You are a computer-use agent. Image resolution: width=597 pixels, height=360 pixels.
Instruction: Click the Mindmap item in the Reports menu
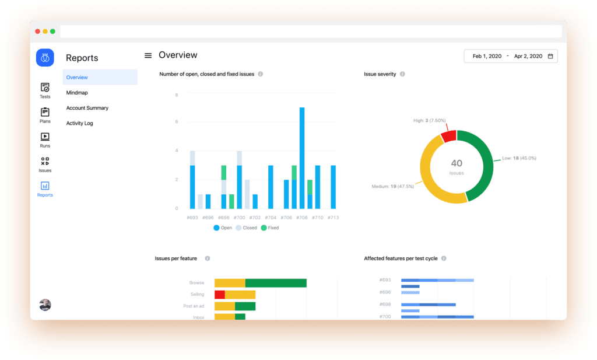pos(77,93)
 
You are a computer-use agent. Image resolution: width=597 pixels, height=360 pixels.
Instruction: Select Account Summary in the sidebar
pos(87,108)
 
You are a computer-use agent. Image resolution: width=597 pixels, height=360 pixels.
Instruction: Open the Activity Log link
pos(79,123)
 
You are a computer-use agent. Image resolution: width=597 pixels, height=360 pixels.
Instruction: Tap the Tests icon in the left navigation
pos(45,88)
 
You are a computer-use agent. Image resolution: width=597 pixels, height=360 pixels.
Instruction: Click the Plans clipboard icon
pos(45,112)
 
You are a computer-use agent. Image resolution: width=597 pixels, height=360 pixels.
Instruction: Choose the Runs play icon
pos(45,137)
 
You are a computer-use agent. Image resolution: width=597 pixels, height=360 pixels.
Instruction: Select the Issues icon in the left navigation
pos(45,161)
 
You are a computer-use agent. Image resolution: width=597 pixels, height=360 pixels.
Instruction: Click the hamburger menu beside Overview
pos(148,55)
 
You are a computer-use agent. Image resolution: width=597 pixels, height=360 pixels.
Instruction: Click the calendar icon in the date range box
pos(550,56)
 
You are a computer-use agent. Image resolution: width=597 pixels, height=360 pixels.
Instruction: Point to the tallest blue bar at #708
pos(302,158)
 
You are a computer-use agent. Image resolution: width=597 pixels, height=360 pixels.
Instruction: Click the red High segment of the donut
pos(448,136)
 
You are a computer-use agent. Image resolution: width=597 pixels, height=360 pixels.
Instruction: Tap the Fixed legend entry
pos(269,228)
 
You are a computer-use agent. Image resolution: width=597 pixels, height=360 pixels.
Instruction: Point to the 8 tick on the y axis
pos(176,94)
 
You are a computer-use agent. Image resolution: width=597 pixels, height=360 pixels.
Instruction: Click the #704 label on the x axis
pos(271,218)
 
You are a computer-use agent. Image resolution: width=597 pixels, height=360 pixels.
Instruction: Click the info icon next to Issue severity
pos(402,74)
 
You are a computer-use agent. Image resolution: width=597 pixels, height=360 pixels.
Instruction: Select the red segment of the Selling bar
pos(220,295)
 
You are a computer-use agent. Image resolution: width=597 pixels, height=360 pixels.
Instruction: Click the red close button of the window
pos(38,31)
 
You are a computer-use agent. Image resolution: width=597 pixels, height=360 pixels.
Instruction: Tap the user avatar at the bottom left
pos(45,305)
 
